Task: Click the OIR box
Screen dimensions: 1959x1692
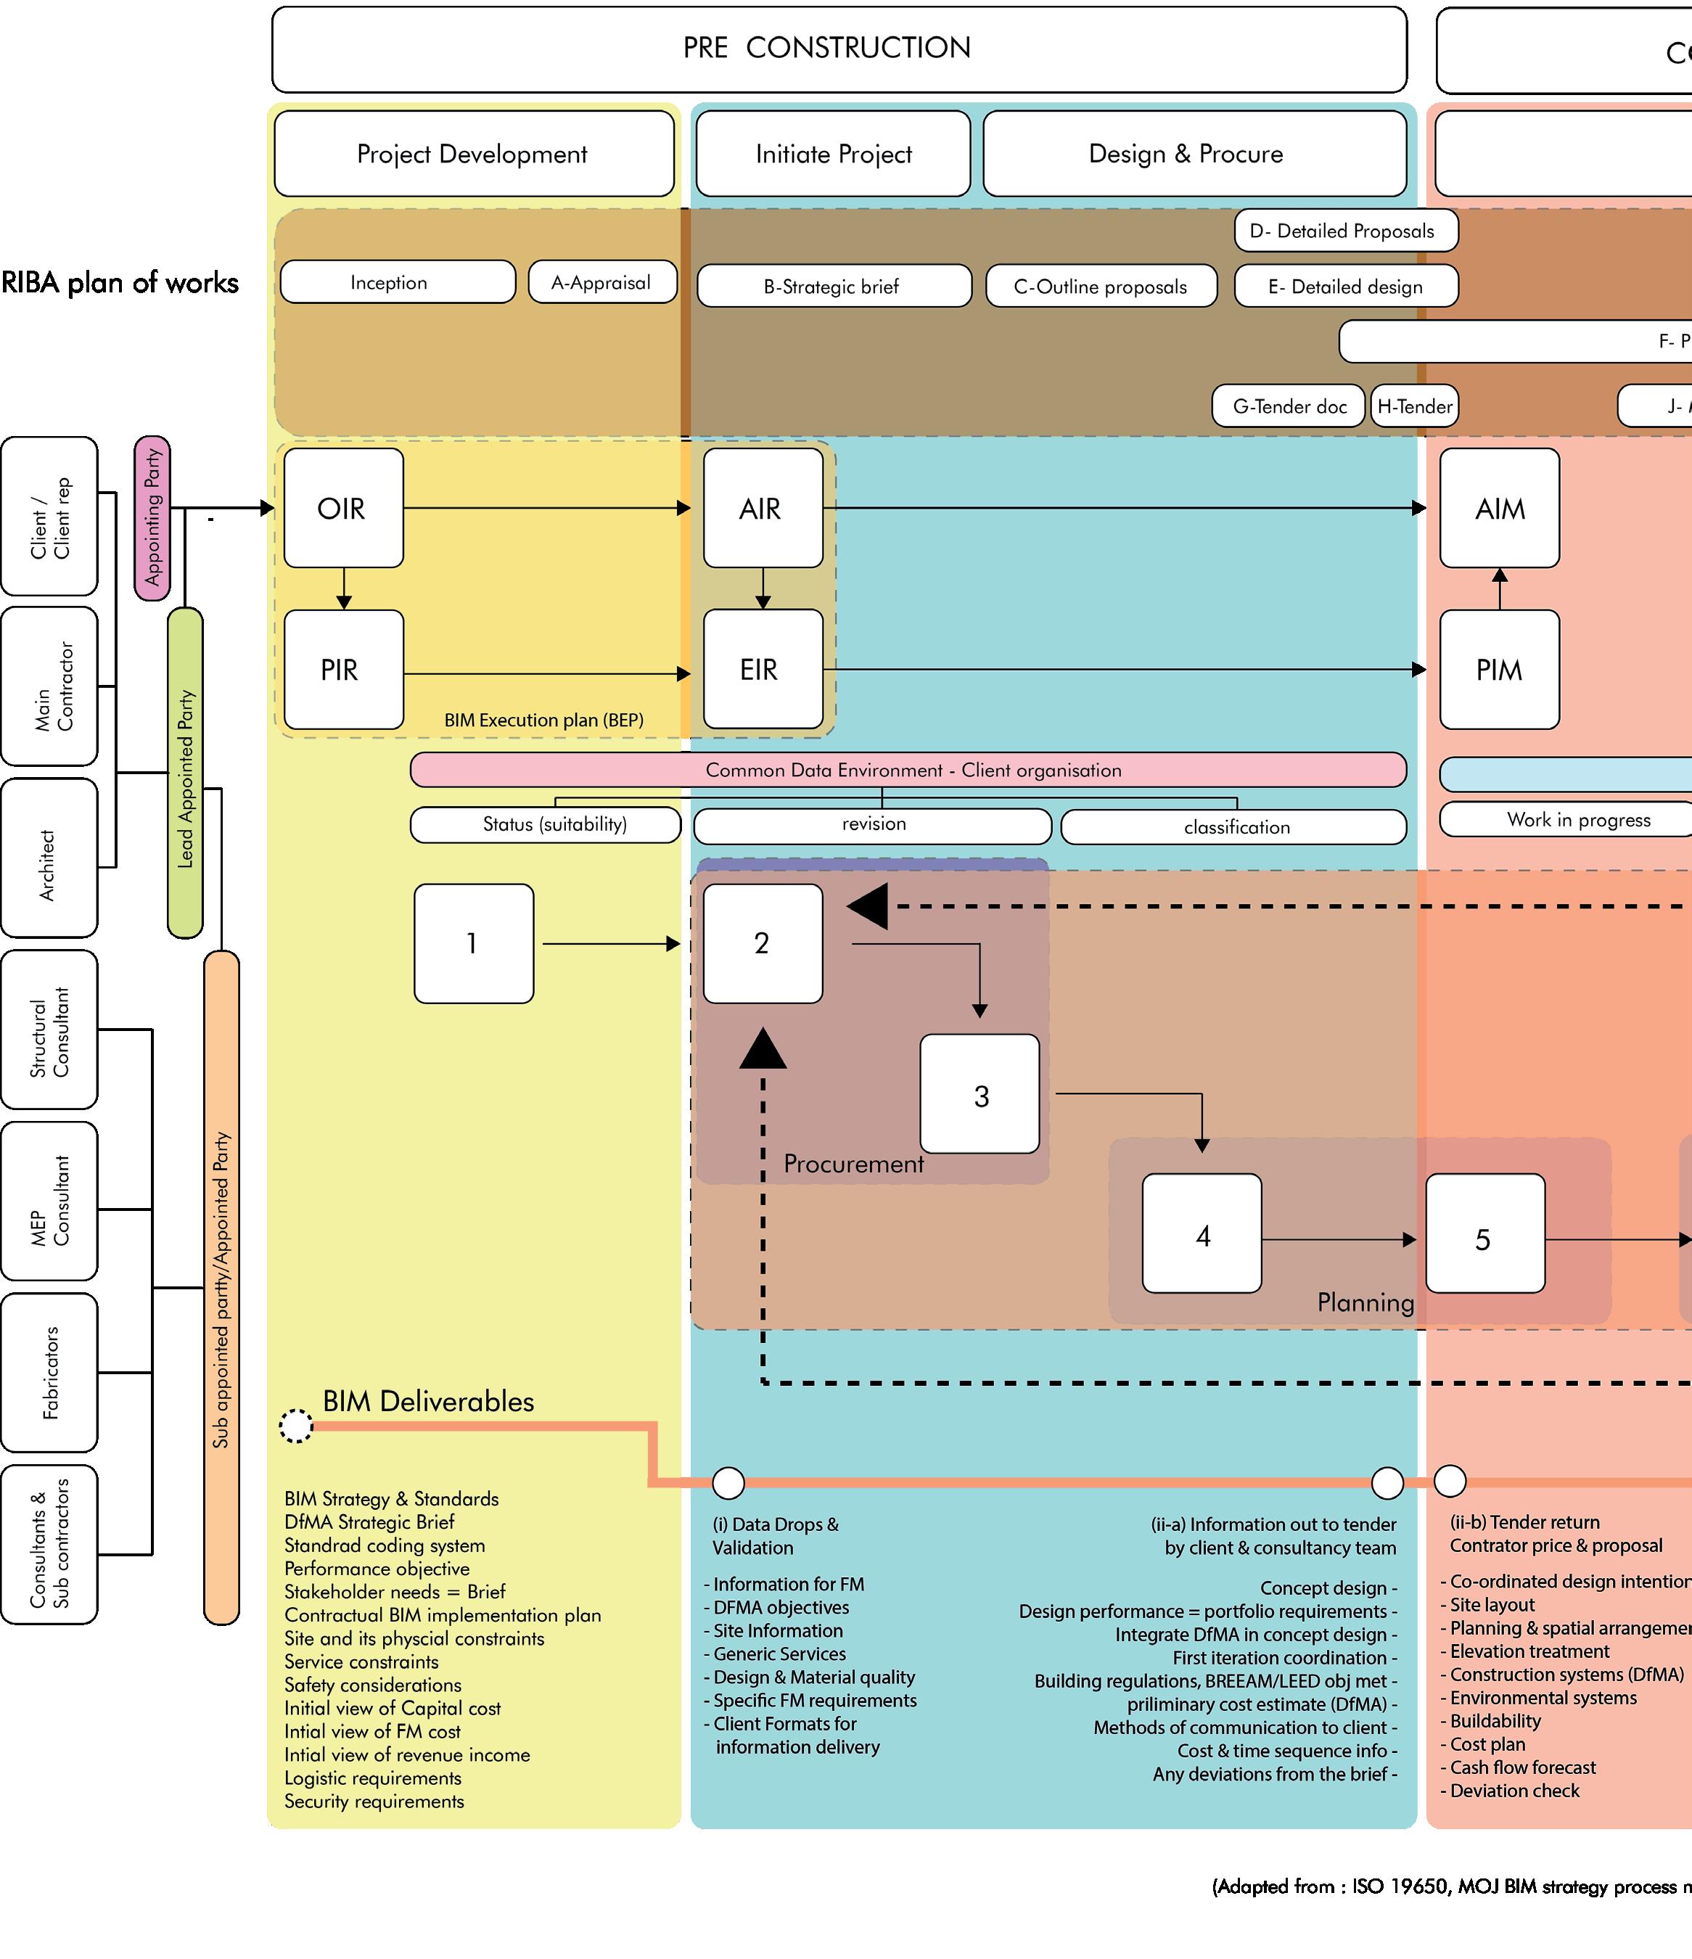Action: point(343,508)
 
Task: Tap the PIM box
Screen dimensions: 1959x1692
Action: point(1498,670)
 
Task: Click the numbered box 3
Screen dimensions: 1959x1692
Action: point(980,1094)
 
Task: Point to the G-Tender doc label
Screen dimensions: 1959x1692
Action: point(1289,406)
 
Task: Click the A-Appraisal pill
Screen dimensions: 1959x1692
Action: point(602,282)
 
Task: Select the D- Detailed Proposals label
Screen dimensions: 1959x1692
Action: point(1345,231)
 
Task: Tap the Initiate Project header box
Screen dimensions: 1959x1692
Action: point(833,153)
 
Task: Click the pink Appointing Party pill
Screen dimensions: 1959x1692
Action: point(152,518)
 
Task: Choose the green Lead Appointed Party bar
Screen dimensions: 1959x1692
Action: point(185,773)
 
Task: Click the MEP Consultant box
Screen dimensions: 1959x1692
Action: point(49,1201)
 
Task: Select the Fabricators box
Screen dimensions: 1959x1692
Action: point(49,1373)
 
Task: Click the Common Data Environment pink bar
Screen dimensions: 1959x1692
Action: point(908,770)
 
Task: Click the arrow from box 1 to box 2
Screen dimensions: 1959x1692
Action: point(609,943)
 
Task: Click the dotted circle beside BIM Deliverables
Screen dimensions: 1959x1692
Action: point(296,1426)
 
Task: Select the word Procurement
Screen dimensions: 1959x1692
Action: point(853,1164)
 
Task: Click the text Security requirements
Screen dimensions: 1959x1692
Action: point(374,1801)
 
